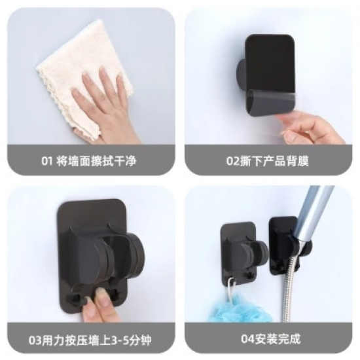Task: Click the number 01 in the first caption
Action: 47,161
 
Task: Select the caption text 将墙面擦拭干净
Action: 96,161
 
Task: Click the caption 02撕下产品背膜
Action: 268,161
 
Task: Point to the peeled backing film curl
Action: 271,103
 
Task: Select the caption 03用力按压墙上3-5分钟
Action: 90,340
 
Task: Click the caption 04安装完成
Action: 271,338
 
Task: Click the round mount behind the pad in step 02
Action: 241,73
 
